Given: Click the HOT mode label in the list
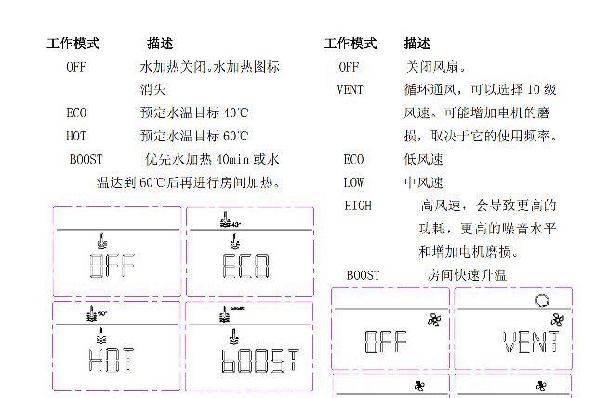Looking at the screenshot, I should click(76, 136).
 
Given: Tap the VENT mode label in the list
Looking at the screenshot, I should click(350, 90).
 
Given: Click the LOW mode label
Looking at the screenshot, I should click(353, 182).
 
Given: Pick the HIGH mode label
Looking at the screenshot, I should click(357, 206).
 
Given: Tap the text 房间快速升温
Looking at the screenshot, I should click(467, 275).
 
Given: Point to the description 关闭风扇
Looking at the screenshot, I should click(437, 67).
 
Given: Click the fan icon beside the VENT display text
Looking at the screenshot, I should click(557, 319).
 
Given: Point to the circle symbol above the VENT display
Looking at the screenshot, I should click(542, 299).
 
